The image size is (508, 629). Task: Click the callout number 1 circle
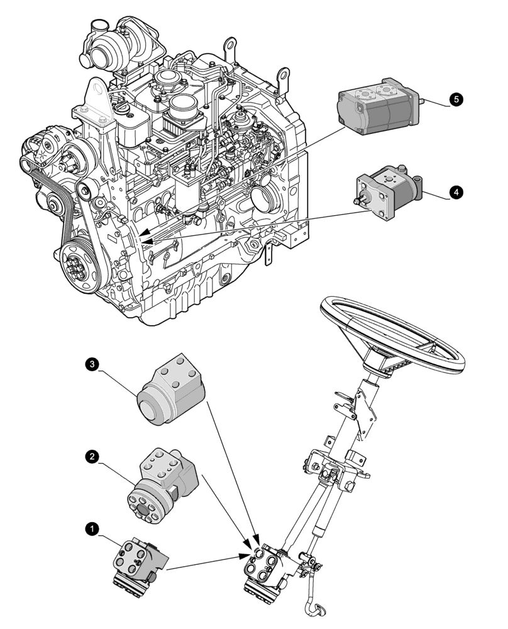pyautogui.click(x=92, y=530)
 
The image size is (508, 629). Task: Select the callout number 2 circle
pyautogui.click(x=92, y=457)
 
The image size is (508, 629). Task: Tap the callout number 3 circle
pyautogui.click(x=92, y=364)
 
